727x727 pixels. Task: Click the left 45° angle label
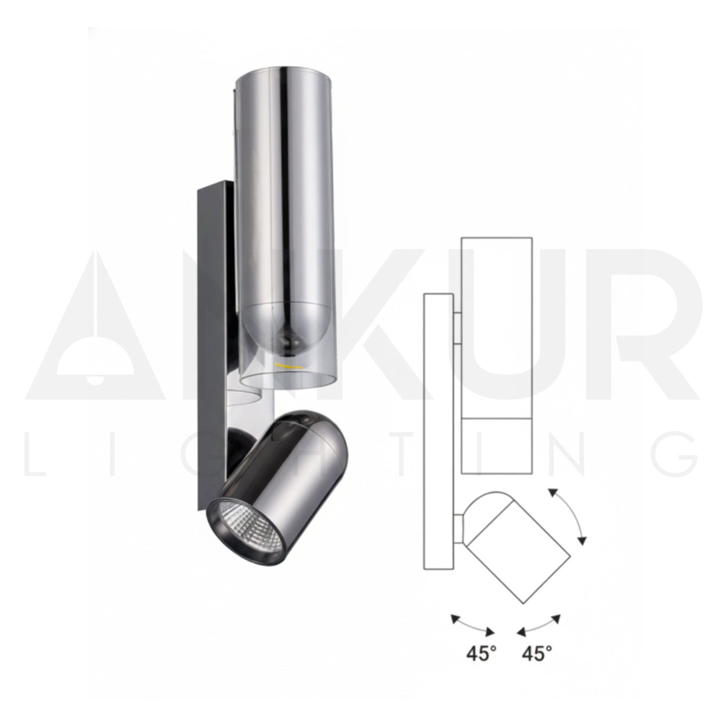click(481, 654)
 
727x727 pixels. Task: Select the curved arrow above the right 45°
click(540, 625)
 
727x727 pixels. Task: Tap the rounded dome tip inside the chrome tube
click(288, 332)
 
